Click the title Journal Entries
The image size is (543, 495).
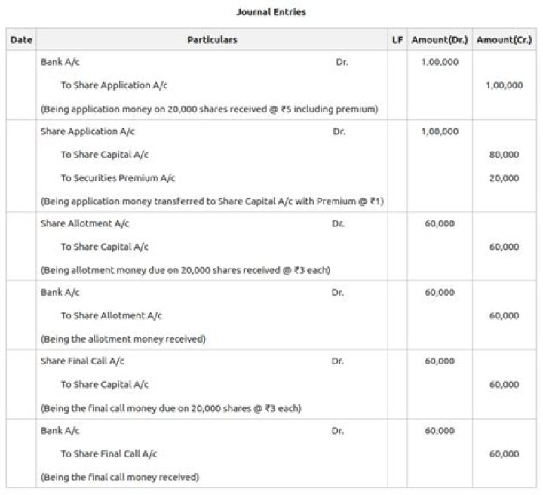(271, 12)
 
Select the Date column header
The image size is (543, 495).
(21, 39)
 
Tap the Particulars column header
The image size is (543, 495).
(212, 39)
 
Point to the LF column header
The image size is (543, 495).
(397, 39)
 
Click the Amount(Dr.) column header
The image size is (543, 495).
(440, 39)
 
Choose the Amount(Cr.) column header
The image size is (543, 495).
(504, 39)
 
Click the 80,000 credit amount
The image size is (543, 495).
(504, 155)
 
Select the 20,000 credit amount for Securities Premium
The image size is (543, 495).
(504, 178)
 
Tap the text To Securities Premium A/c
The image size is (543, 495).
(118, 178)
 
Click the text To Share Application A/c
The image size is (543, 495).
(114, 85)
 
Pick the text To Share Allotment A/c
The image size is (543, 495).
(111, 315)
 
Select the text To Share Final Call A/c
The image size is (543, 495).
(109, 454)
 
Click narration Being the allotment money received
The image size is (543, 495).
(123, 339)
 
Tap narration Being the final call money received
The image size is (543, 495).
(120, 477)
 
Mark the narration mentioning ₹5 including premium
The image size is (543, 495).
(209, 109)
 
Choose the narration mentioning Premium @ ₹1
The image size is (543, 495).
(213, 201)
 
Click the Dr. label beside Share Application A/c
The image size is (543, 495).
(339, 131)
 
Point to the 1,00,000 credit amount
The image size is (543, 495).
(504, 85)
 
